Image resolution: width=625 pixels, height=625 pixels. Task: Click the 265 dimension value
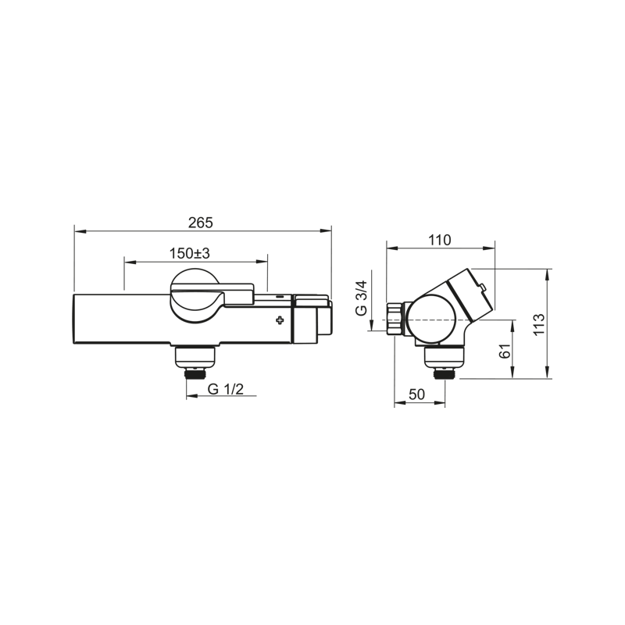(201, 223)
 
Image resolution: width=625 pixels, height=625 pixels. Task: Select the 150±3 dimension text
(189, 253)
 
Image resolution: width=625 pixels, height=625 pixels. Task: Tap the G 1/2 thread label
(226, 388)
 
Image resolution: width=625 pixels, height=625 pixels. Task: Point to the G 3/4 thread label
(361, 298)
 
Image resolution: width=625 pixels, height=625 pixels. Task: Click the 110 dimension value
(440, 240)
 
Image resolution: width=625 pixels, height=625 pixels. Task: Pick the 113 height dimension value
(538, 324)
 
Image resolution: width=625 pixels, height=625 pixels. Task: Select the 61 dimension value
(505, 351)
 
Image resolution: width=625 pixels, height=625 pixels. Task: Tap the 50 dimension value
(417, 395)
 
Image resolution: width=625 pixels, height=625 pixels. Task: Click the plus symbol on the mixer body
(280, 320)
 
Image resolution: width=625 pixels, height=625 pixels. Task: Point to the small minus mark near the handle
(280, 297)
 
